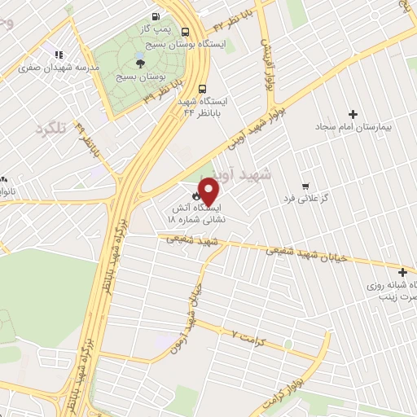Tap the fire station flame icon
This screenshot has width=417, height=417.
tap(196, 196)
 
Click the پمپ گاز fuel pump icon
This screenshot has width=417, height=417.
tap(155, 15)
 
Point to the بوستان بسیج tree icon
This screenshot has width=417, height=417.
tap(140, 62)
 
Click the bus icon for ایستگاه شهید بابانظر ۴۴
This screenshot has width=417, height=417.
tap(202, 90)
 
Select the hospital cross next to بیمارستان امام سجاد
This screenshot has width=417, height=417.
tap(353, 114)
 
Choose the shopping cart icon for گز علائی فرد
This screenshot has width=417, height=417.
tap(305, 186)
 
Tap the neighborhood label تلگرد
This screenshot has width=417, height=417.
tap(50, 128)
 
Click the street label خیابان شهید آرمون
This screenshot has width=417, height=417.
tap(188, 314)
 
